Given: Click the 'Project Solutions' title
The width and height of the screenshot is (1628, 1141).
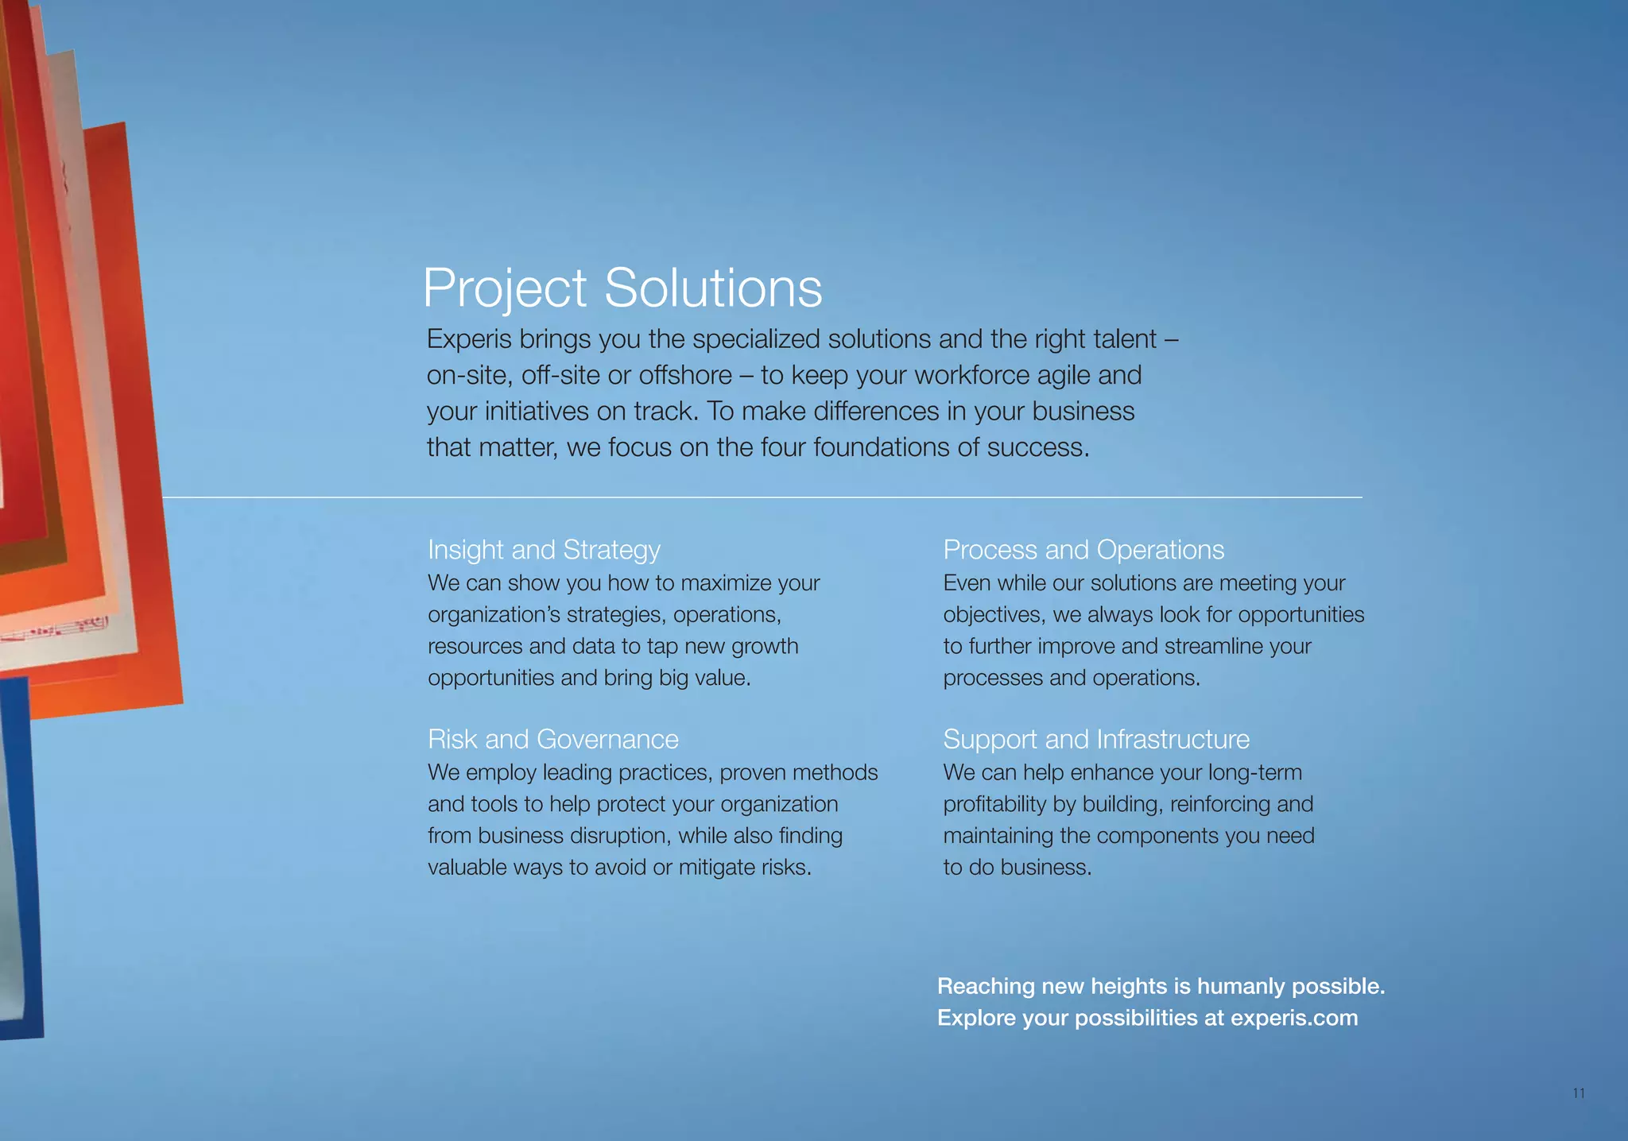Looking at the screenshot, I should [x=622, y=288].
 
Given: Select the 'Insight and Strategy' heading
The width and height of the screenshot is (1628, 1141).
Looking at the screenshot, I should [x=544, y=550].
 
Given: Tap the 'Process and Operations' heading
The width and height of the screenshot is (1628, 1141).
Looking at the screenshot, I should [x=1083, y=550].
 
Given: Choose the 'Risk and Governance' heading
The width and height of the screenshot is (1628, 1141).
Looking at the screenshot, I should [x=552, y=740].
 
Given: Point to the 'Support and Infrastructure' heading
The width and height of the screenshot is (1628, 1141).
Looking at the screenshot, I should [x=1095, y=740].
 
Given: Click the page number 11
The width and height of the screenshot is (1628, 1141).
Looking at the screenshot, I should [x=1579, y=1093].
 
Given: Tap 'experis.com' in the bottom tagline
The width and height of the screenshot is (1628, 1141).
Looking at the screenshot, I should [x=1294, y=1018].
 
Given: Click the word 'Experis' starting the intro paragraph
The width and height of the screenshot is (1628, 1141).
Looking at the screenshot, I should [x=469, y=339].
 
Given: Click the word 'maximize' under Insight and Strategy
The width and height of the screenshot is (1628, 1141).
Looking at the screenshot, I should [x=725, y=583].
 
